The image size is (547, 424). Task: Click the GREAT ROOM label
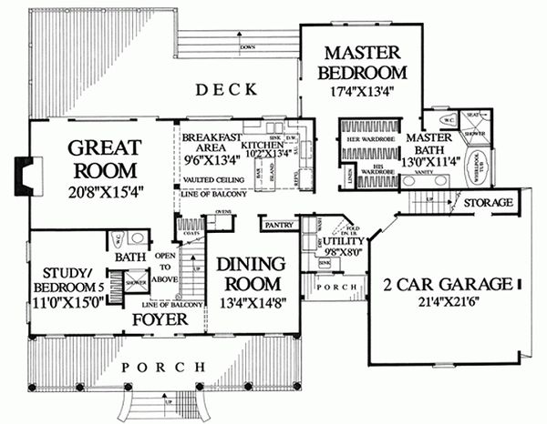(101, 158)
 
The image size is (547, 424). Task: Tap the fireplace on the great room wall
(28, 171)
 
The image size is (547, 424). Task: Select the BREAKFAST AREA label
(210, 142)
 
